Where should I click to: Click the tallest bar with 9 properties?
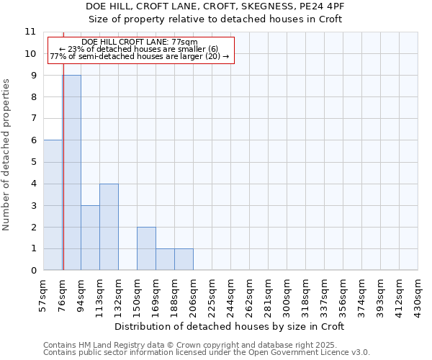(71, 173)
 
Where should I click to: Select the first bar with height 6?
(53, 205)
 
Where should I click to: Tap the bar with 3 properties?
(90, 238)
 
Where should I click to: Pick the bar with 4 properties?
(109, 227)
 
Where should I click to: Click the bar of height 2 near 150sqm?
(146, 248)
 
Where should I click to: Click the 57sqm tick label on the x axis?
(44, 292)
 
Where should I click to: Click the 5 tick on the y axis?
(32, 162)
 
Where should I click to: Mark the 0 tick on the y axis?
(32, 271)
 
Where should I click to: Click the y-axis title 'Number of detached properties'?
(7, 155)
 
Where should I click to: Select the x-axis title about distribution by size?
(230, 326)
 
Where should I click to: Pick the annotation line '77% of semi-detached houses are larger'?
(140, 56)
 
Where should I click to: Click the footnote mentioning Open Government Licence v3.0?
(207, 353)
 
